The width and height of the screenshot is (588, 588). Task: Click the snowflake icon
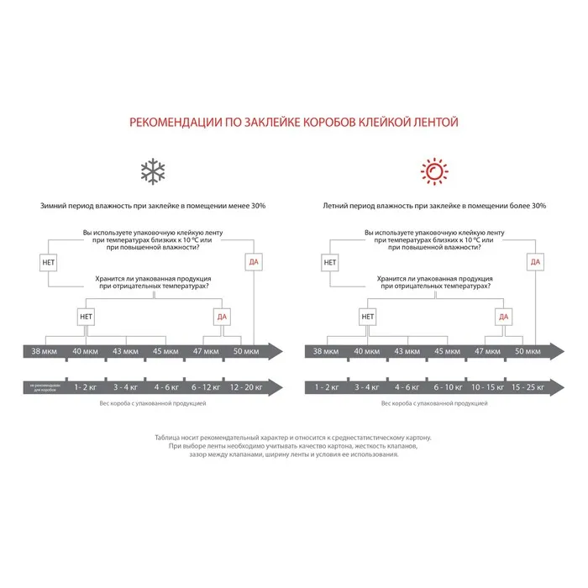coord(153,171)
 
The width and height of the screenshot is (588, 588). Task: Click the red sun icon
coord(434,171)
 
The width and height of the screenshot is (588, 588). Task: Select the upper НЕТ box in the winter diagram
coord(48,262)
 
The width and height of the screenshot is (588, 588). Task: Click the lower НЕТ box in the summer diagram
coord(367,317)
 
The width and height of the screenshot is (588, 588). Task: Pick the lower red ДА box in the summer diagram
coord(502,317)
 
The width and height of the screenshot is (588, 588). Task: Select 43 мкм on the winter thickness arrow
coord(125,350)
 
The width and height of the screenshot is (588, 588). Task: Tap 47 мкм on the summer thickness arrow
coord(487,350)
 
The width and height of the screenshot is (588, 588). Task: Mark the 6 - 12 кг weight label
coord(204,387)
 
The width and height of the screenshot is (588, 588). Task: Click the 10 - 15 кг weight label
coord(487,387)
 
